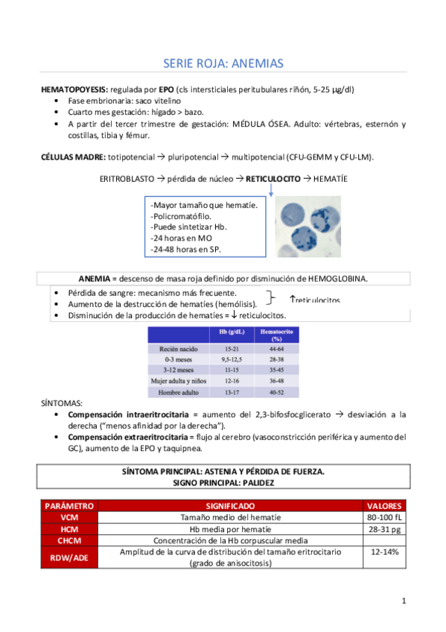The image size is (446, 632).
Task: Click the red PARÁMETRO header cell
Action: coord(69,505)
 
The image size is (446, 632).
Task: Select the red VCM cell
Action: coord(69,516)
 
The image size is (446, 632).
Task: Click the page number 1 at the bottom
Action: coord(403,601)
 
